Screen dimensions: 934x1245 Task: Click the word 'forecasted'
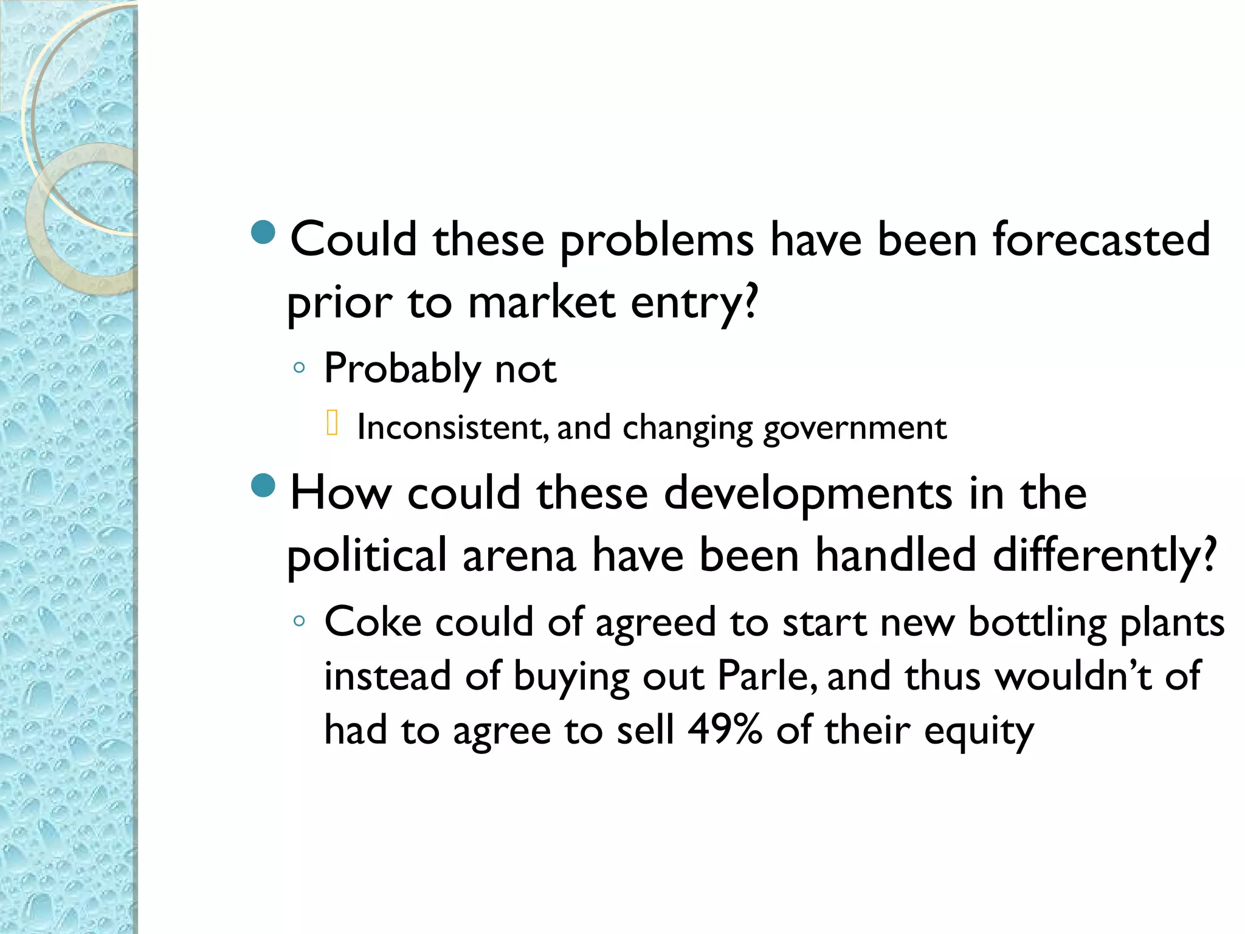1101,240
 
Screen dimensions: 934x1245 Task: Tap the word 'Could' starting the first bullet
353,240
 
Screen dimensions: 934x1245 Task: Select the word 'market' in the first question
541,302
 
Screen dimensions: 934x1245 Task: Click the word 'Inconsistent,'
452,427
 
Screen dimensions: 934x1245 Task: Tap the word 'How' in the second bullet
340,493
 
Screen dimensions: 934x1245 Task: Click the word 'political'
367,556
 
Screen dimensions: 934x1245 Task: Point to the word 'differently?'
1104,556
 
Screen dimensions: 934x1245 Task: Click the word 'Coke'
373,623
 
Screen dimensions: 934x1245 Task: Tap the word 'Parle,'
767,676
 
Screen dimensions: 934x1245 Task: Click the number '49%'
725,730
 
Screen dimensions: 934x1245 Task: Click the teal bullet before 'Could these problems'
263,232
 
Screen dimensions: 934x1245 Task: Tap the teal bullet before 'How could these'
263,485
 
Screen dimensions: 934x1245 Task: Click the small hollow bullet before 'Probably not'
298,367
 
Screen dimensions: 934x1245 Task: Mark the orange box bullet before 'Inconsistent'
332,423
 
